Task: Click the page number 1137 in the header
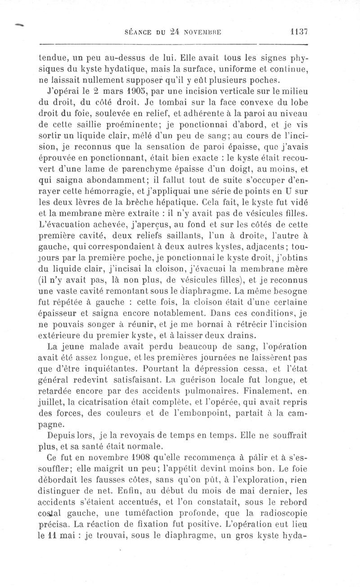(x=298, y=32)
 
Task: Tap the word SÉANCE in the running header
(x=137, y=32)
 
